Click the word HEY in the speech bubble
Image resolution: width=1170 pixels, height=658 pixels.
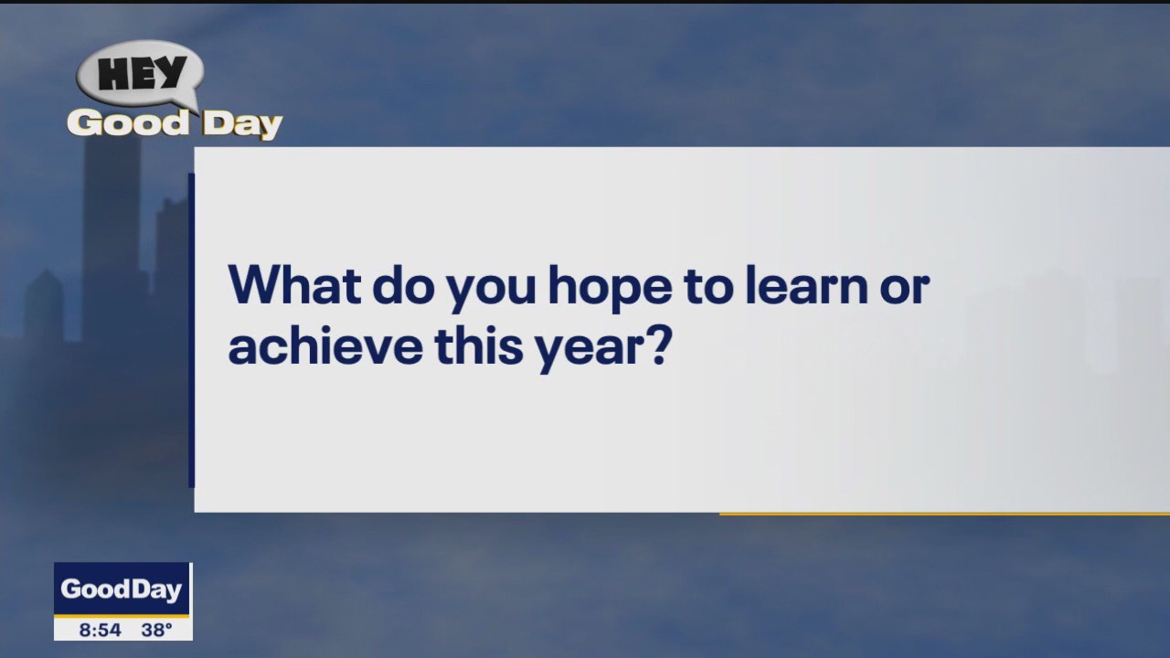142,74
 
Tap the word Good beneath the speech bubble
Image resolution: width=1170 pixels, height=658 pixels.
128,123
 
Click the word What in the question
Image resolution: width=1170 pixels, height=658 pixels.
293,285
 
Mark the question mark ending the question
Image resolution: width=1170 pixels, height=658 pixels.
657,345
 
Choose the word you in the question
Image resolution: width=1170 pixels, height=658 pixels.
491,291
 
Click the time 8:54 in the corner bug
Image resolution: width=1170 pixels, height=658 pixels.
100,630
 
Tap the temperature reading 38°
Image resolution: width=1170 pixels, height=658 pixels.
157,630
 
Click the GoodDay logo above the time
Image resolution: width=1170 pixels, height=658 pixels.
122,589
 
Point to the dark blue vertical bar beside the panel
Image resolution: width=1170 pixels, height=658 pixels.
191,330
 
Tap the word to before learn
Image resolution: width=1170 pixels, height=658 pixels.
707,286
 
